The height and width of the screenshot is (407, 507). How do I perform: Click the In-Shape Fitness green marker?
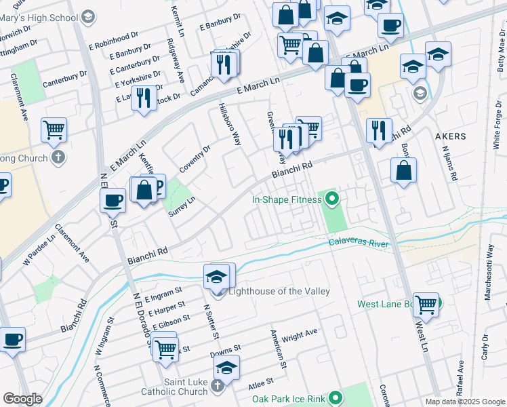click(332, 199)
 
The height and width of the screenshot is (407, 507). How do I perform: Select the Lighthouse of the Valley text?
click(279, 291)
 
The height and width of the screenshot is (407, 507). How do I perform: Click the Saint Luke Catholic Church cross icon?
click(217, 386)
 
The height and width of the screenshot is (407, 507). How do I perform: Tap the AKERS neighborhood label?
click(450, 136)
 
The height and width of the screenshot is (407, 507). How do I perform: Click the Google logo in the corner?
click(22, 399)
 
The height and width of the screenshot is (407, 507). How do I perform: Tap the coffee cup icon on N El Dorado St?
click(113, 199)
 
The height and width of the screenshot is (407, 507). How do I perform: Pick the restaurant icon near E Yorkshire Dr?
click(143, 98)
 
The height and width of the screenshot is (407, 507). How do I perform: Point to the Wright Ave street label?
click(300, 334)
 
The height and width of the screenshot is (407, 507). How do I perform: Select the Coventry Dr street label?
click(195, 157)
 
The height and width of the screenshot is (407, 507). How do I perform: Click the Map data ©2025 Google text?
click(464, 402)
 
